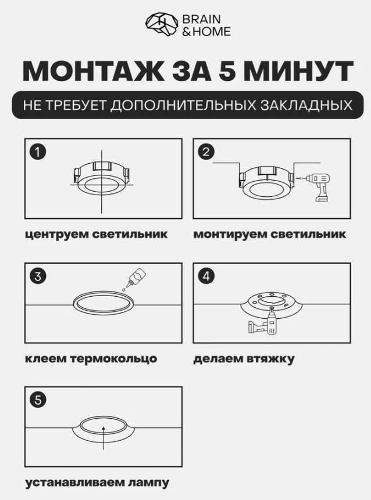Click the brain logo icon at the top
click(162, 24)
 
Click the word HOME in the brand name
click(212, 31)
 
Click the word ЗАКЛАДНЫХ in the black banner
click(306, 105)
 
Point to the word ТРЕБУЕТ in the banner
click(75, 105)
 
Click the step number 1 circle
click(38, 152)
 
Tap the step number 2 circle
click(206, 152)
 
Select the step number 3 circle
click(38, 276)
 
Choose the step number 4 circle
click(206, 276)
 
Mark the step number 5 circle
click(38, 400)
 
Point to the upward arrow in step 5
click(103, 437)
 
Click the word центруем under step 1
click(56, 235)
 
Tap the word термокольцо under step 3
click(113, 359)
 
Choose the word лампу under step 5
click(148, 483)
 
